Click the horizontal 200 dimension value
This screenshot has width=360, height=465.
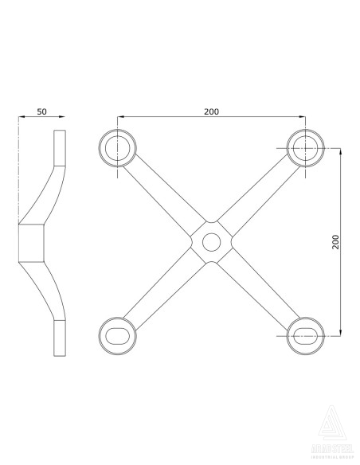211,111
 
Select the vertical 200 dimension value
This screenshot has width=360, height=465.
335,241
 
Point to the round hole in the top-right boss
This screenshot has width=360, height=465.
304,147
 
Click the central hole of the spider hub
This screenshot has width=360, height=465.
211,240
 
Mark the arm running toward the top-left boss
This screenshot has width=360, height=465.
163,193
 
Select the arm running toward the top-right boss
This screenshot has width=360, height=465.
258,193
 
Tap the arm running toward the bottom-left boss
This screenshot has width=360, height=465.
163,288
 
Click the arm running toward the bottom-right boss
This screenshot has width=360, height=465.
258,288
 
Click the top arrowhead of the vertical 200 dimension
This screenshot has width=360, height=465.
341,150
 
